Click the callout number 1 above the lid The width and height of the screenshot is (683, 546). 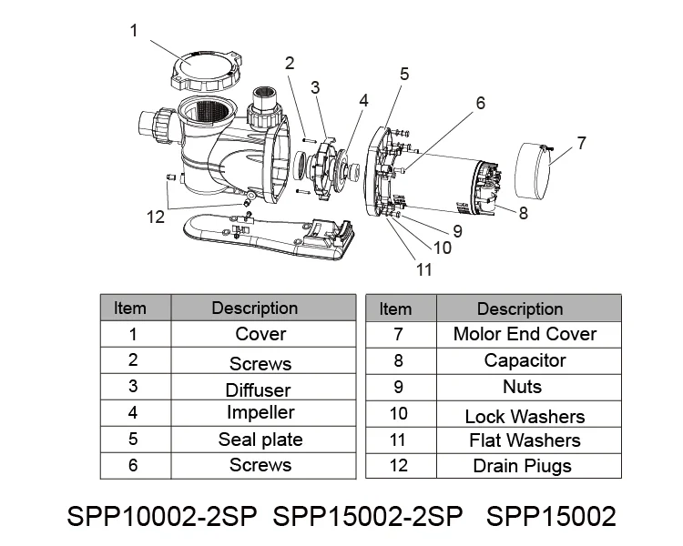click(134, 31)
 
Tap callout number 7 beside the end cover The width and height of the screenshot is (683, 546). click(582, 143)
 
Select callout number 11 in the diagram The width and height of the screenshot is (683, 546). click(423, 268)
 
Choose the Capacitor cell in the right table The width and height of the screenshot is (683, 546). click(524, 360)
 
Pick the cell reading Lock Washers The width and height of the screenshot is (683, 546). click(524, 417)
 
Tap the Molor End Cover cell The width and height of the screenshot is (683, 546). click(524, 334)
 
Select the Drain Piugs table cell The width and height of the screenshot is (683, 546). click(524, 466)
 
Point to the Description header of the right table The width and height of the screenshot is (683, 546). click(520, 308)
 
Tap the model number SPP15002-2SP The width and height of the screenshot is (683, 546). click(369, 516)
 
